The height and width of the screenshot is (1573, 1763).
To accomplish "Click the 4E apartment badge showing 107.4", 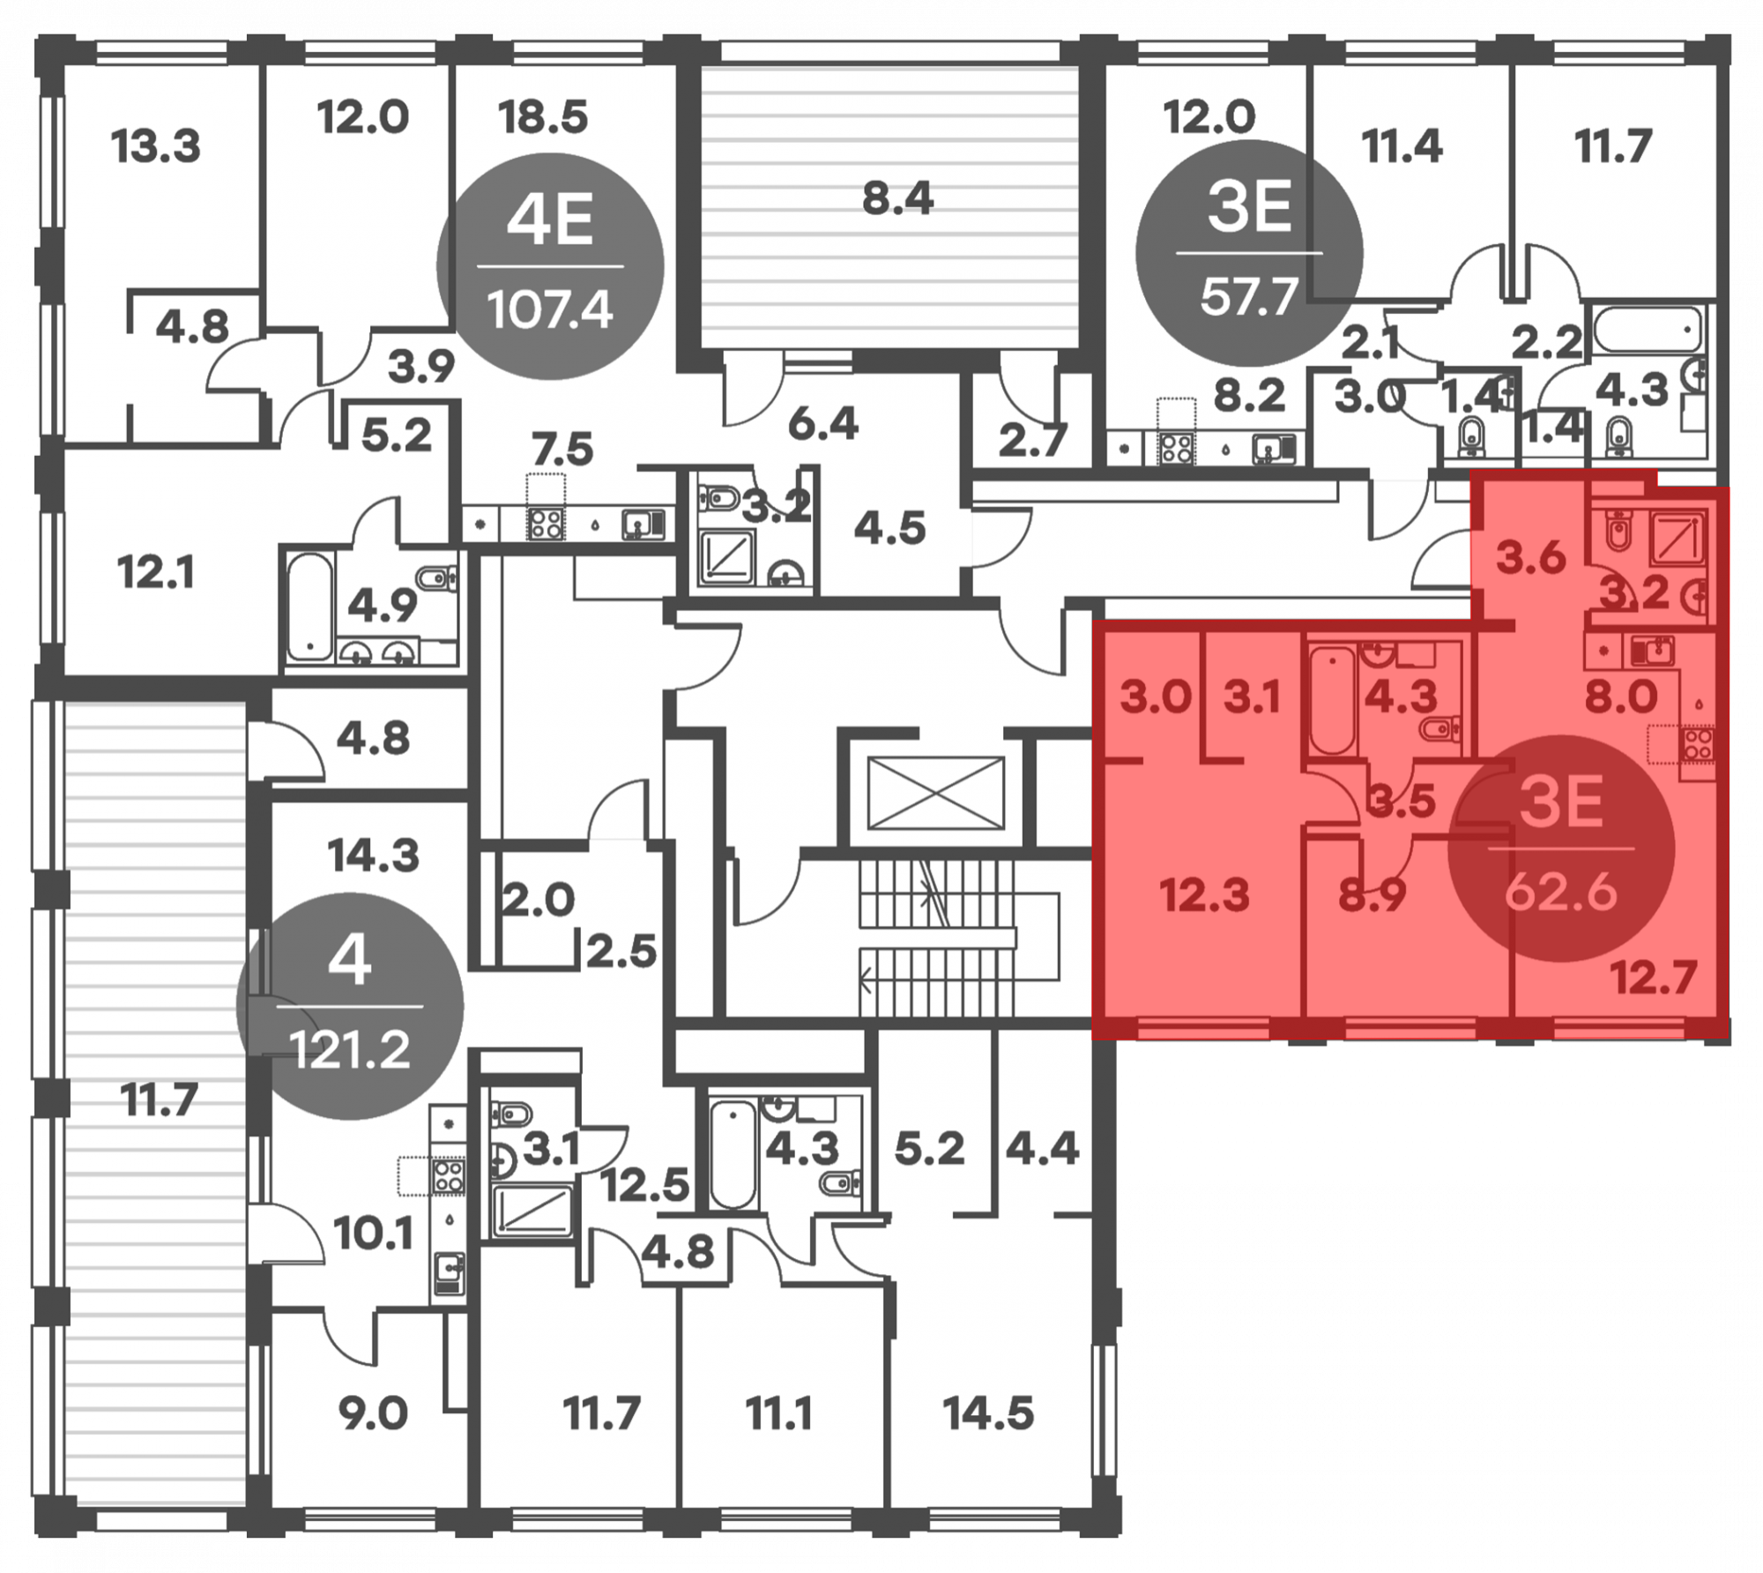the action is pos(549,265).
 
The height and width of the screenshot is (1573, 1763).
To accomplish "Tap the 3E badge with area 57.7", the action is pos(1249,253).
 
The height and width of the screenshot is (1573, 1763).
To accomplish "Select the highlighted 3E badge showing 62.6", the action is pos(1561,848).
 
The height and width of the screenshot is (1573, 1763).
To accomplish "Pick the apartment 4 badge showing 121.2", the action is pos(350,1006).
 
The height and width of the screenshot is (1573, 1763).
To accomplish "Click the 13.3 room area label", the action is pos(156,145).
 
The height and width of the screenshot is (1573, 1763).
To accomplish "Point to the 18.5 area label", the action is pos(542,116).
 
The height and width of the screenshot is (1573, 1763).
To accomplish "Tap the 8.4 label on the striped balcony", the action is pos(897,198).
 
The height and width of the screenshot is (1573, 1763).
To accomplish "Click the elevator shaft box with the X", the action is pos(936,793).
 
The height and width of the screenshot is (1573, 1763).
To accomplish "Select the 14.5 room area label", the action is pos(988,1413).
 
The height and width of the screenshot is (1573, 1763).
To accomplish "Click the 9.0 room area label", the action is pos(373,1413).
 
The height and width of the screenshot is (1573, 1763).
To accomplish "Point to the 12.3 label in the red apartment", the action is pos(1204,896).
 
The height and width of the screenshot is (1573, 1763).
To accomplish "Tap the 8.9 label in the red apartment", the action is pos(1372,896).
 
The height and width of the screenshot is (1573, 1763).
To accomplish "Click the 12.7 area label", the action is pos(1654,978).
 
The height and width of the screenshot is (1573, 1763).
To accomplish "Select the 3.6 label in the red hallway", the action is pos(1531,558).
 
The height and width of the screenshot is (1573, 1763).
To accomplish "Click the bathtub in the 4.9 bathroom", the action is pos(309,606).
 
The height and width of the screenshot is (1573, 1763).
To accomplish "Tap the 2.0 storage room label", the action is pos(538,900).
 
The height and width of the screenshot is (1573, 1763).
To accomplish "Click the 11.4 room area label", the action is pos(1402,145).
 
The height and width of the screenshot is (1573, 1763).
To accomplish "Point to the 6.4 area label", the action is pos(823,424).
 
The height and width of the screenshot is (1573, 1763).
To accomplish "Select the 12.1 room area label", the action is pos(156,573).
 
